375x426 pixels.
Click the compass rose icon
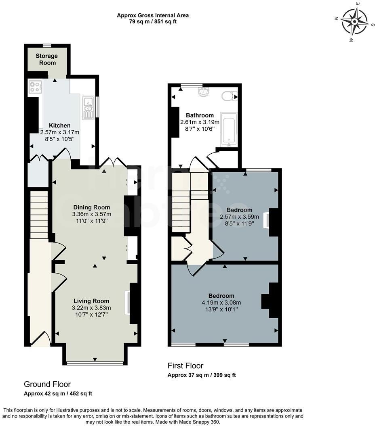click(354, 22)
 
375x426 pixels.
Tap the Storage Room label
click(46, 59)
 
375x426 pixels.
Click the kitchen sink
click(88, 108)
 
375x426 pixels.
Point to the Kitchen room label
click(59, 125)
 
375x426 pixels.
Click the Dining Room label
click(91, 207)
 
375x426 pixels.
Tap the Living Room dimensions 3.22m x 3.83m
click(91, 308)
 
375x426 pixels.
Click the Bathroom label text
click(200, 115)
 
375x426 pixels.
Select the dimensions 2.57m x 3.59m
click(239, 217)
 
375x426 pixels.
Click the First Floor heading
click(185, 366)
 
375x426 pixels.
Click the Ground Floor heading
click(47, 384)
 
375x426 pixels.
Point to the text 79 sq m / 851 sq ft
click(152, 22)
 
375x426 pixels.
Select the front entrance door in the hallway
click(41, 339)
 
